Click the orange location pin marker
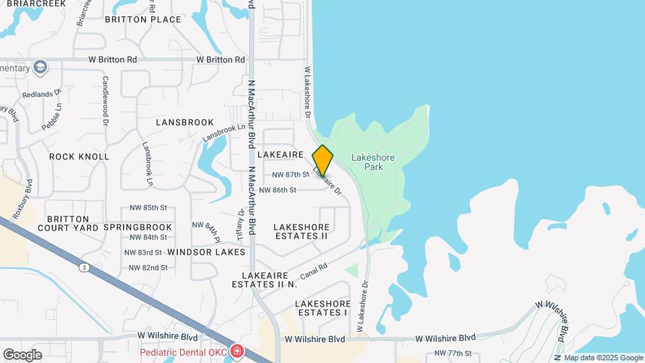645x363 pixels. pos(323,160)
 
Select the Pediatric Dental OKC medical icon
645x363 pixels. pos(236,351)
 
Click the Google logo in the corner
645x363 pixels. pos(22,354)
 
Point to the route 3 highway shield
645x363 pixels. pos(83,268)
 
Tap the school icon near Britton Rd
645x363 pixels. pos(40,67)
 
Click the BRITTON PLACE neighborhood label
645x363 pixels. pos(143,19)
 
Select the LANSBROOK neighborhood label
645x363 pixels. pos(185,122)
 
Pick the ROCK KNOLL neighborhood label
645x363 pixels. pos(79,157)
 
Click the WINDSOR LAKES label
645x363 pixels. pos(206,251)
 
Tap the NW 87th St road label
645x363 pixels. pos(290,175)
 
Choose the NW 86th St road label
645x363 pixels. pos(277,190)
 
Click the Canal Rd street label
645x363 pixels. pos(314,271)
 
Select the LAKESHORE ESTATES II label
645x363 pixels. pos(301,231)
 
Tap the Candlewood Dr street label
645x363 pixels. pos(105,101)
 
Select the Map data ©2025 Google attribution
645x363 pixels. pos(603,358)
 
